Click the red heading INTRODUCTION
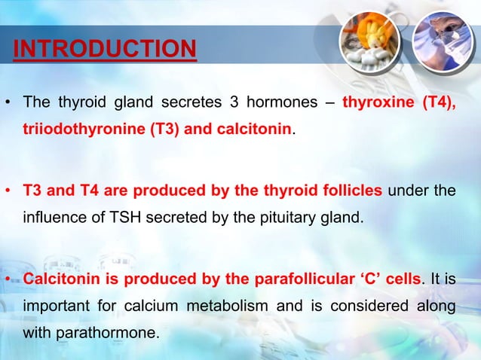(x=105, y=50)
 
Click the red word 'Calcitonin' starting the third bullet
(x=62, y=280)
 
